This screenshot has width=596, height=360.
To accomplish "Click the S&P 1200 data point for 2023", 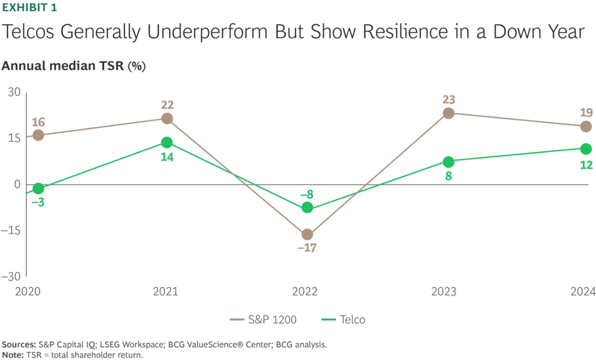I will point(448,113).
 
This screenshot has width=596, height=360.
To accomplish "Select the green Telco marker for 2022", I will point(307,208).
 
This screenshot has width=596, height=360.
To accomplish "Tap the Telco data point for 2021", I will point(167,143).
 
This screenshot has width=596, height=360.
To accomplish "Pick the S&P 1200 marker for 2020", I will point(38,135).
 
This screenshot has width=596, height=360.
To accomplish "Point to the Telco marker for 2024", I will point(586,149).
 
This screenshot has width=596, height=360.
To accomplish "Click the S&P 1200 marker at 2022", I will point(307,234).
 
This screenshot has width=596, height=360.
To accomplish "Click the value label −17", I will point(307,248).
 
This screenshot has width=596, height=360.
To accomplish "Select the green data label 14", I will point(167,157).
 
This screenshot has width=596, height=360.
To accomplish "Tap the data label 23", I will point(448,99).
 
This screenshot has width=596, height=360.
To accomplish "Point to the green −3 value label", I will point(38,203).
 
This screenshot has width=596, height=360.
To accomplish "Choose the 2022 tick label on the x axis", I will point(305,292).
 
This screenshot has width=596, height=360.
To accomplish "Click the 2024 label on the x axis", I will point(582,292).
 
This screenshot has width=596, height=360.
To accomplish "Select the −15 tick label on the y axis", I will point(11,230).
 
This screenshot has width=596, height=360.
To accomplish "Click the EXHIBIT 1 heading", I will point(29,8).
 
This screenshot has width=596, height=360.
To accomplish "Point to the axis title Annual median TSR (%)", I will point(73,66).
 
